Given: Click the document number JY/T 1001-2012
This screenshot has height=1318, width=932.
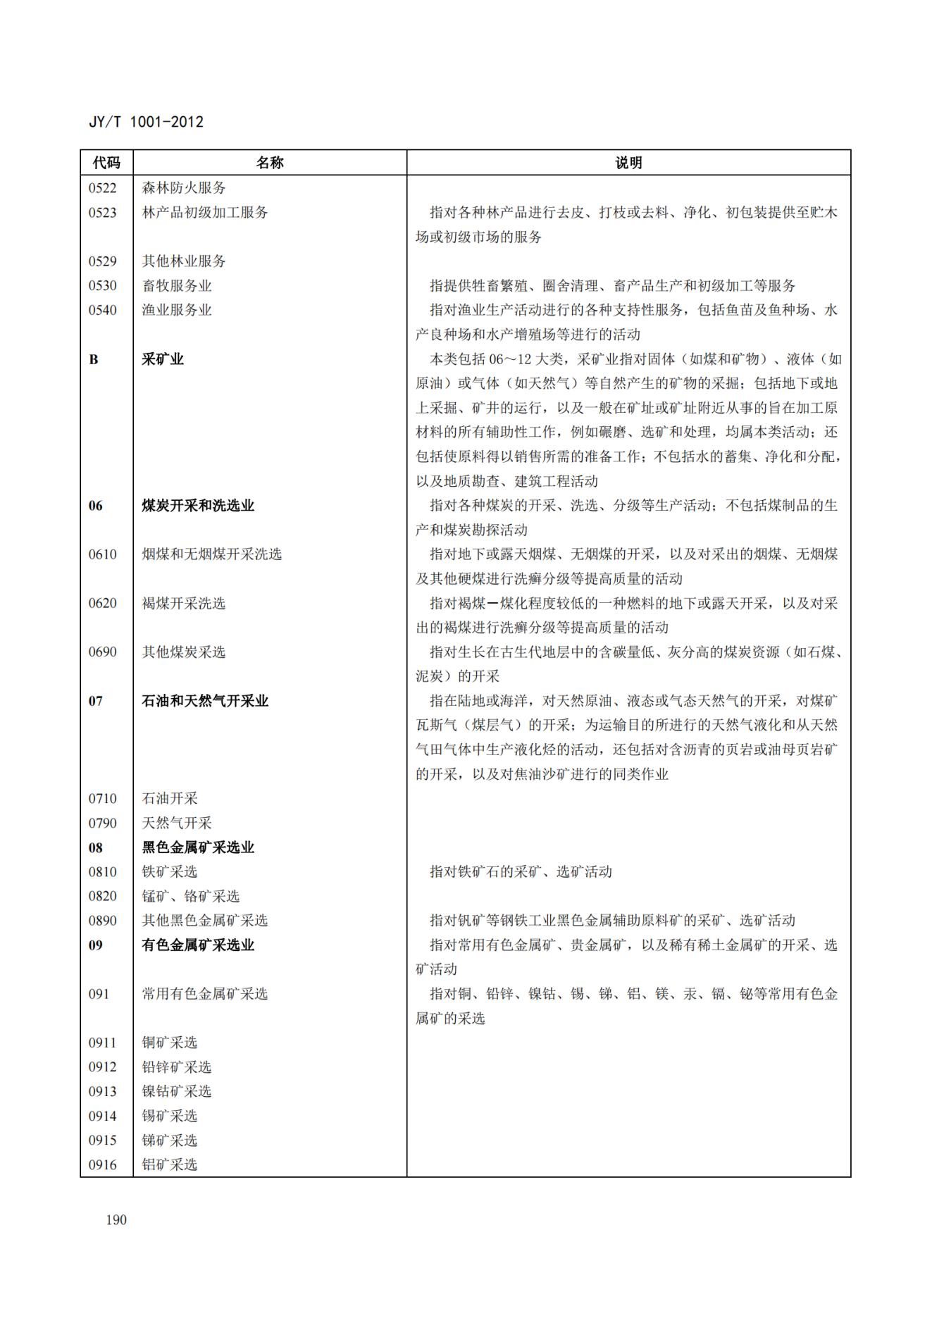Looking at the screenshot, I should [146, 122].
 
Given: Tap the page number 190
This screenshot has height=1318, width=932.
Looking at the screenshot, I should [116, 1219].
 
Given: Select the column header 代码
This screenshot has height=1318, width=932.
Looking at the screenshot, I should [106, 163].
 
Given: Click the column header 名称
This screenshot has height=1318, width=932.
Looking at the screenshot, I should [269, 163].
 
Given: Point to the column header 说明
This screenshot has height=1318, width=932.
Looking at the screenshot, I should [628, 163].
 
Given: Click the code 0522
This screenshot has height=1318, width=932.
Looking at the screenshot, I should [103, 188].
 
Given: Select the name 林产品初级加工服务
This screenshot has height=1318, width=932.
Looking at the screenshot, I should [205, 213].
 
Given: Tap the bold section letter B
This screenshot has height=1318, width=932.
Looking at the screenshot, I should [94, 359].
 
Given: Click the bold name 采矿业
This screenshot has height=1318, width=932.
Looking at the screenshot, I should [163, 359].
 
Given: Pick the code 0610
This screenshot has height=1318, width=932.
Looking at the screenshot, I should [103, 554].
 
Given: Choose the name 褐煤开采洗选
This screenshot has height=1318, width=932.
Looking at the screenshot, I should [184, 604].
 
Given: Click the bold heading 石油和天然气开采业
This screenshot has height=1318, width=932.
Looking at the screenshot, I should [205, 701].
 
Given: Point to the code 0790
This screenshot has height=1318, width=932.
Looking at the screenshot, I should [103, 823].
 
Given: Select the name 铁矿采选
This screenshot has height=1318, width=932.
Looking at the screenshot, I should [170, 872].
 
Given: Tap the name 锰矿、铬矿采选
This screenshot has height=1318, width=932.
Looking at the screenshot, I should [191, 896].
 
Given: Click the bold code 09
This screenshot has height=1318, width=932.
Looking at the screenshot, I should [96, 945].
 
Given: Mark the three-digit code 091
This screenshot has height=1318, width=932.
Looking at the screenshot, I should [99, 994].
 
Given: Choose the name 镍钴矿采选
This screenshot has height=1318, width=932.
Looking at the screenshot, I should [177, 1091].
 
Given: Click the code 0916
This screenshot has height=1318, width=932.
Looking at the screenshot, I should [103, 1164].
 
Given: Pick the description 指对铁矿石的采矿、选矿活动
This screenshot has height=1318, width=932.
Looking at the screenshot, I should [521, 872].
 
